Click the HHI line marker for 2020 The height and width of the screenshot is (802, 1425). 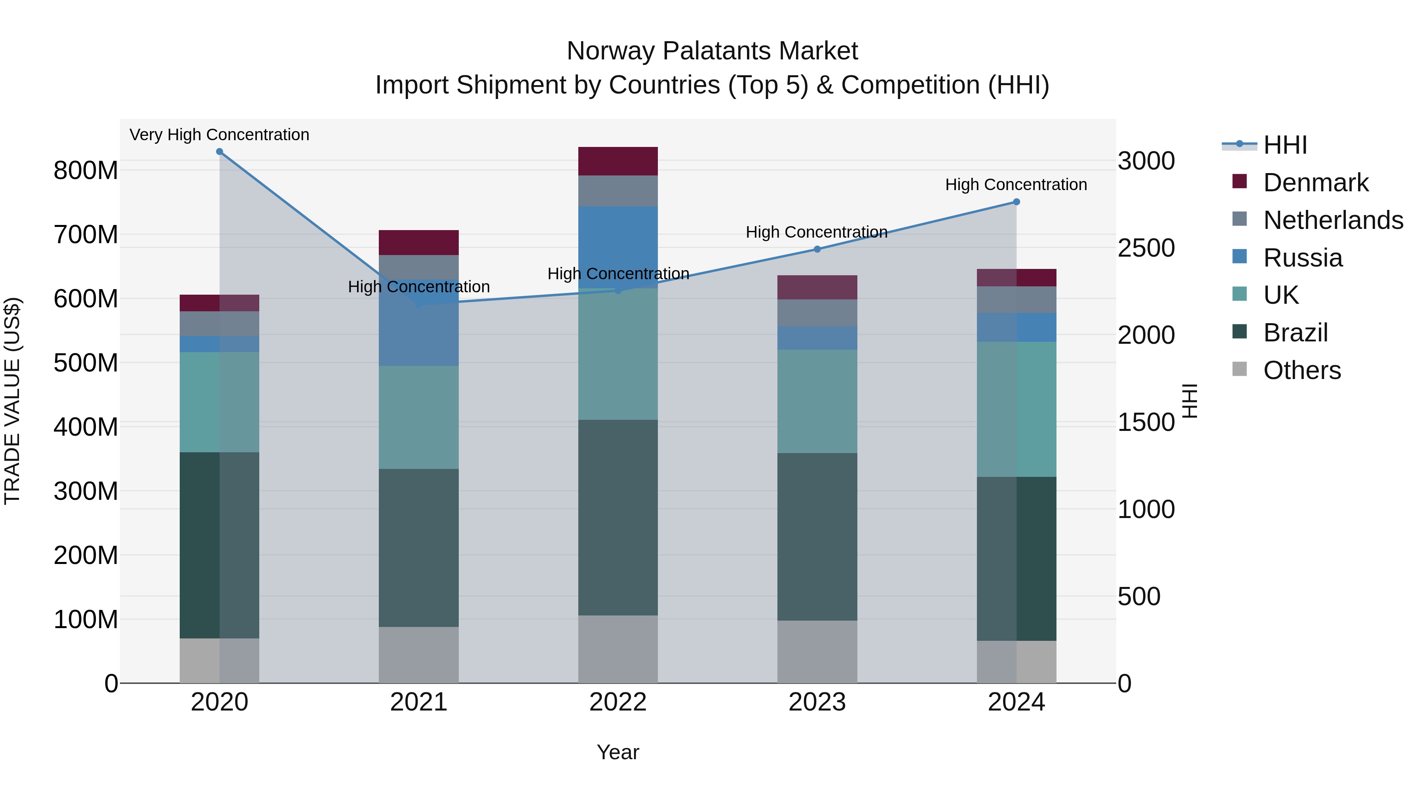[x=220, y=152]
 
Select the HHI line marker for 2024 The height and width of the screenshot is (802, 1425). [x=1016, y=202]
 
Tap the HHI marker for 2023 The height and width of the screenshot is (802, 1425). [x=817, y=249]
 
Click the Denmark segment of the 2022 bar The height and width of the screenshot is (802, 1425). [x=618, y=161]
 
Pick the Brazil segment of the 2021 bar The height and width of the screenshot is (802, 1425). [x=419, y=548]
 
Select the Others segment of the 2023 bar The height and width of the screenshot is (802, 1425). [x=817, y=652]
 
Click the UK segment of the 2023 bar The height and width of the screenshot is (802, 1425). [x=817, y=401]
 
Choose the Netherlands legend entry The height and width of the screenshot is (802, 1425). [x=1333, y=220]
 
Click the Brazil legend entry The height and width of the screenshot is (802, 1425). [x=1296, y=333]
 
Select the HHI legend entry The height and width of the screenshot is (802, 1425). [x=1284, y=145]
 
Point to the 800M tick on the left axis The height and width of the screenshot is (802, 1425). [x=86, y=170]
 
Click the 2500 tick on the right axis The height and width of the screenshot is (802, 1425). [x=1146, y=248]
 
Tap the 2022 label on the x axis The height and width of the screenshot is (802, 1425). [x=618, y=702]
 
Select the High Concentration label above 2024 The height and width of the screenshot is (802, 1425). [x=1016, y=184]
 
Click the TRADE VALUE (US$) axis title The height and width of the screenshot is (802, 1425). [x=12, y=401]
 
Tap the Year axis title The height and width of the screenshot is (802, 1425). [x=618, y=752]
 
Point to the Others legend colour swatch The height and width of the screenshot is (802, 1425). [x=1240, y=369]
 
